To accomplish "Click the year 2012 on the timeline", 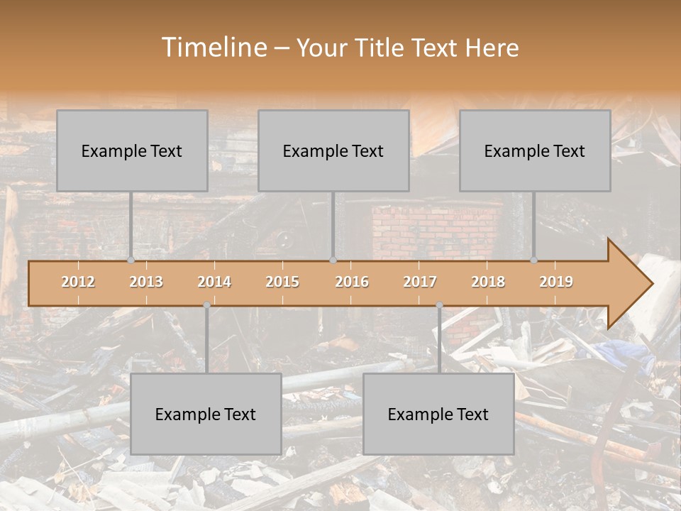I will coord(78,282).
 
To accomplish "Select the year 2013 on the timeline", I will coord(146,282).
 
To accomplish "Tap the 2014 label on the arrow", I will coord(214,282).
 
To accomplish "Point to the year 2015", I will coord(282,282).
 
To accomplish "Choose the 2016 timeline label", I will coord(352,282).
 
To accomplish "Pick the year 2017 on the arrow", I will coord(420,282).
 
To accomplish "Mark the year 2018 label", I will coord(488,282).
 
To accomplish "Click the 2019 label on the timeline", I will coord(556,282).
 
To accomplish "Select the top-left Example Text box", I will coord(132,150).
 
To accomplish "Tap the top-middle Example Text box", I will coord(333,150).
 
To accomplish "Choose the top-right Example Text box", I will coord(535,150).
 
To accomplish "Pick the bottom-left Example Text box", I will coord(206,414).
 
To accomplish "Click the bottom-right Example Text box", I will coord(438,414).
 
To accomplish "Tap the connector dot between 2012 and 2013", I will coord(131,260).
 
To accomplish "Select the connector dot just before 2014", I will coord(206,305).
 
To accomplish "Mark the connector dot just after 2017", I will coord(439,305).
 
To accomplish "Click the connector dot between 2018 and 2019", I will coord(533,260).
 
